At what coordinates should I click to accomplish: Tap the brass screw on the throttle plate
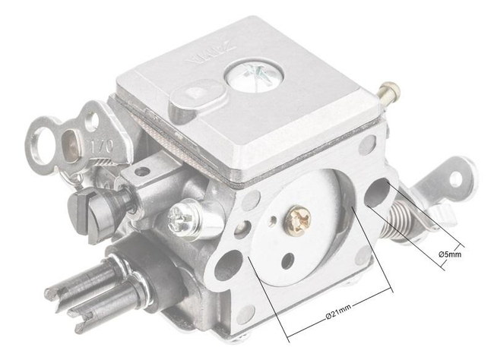299,221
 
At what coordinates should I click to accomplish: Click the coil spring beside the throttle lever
401,216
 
